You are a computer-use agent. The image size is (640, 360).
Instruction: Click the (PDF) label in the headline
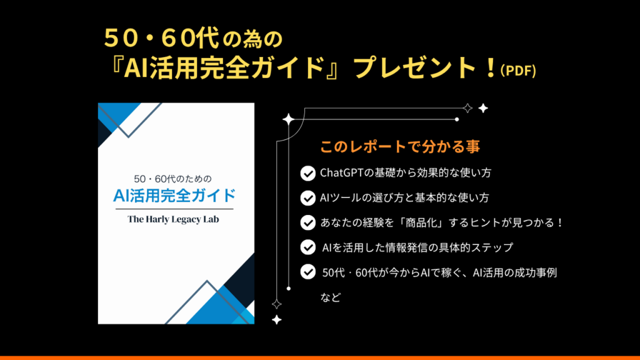click(518, 71)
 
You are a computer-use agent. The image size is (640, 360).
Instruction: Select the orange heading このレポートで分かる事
click(400, 146)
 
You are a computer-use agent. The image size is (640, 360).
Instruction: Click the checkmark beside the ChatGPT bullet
click(307, 173)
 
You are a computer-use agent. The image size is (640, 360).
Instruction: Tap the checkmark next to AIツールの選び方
click(307, 198)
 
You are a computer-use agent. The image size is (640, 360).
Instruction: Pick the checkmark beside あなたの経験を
click(307, 222)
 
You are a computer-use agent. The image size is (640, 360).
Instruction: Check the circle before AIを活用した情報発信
click(307, 247)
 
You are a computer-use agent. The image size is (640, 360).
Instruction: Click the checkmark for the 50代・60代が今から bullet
click(307, 272)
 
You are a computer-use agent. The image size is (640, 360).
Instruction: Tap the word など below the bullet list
click(331, 297)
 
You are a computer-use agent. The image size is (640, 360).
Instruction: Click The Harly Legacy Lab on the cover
click(173, 219)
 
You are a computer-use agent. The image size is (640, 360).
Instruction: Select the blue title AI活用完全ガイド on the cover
click(174, 196)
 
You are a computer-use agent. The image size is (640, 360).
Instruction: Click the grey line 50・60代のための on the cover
click(173, 179)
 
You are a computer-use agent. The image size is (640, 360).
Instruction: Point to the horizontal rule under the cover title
click(174, 209)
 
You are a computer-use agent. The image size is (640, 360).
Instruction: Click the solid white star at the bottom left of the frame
click(277, 319)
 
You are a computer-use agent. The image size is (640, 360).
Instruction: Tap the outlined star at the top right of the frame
click(467, 108)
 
